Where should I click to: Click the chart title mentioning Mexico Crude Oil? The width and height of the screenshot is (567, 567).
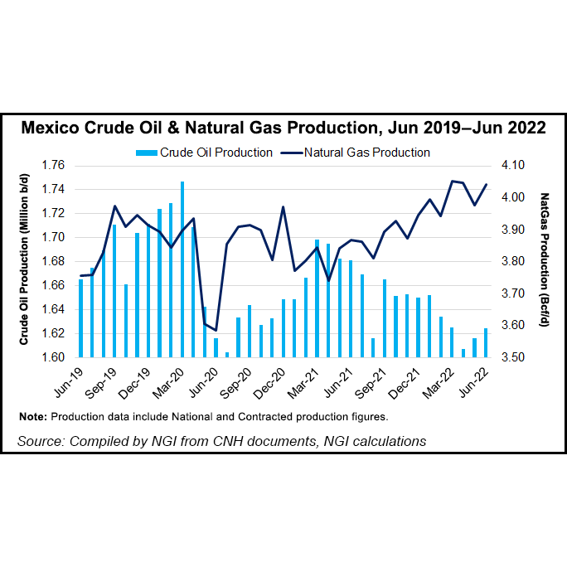tap(283, 128)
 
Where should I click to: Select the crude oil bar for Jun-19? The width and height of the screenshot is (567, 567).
tap(81, 318)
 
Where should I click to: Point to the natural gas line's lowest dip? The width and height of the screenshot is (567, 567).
tap(216, 331)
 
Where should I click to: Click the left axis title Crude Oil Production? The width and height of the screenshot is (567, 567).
tap(25, 262)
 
